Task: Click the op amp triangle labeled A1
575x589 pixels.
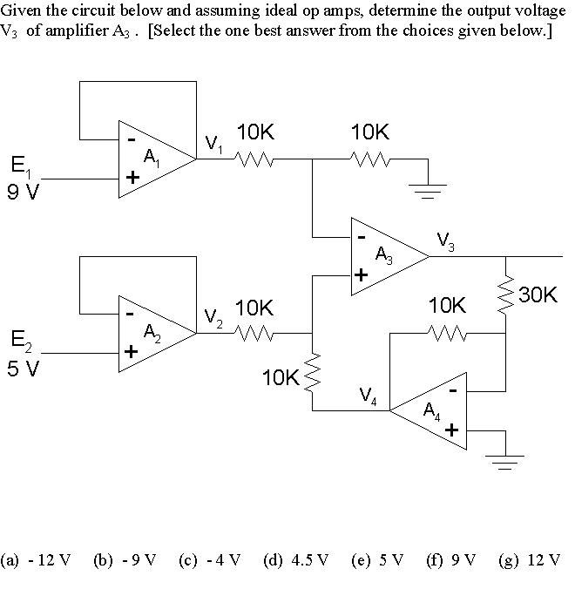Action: pyautogui.click(x=152, y=159)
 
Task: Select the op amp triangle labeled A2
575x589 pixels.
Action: pyautogui.click(x=152, y=334)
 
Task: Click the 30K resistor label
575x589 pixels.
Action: pyautogui.click(x=537, y=294)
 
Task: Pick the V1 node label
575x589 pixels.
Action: pyautogui.click(x=214, y=144)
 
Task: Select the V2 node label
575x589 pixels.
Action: pyautogui.click(x=214, y=317)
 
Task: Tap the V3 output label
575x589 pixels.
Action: pyautogui.click(x=445, y=240)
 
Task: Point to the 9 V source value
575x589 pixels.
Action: pyautogui.click(x=23, y=192)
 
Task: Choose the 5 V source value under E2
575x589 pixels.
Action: pyautogui.click(x=23, y=368)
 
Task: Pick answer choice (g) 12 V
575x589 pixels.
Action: pyautogui.click(x=530, y=559)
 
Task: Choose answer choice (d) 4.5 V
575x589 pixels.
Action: pyautogui.click(x=296, y=559)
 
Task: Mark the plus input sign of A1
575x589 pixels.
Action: pyautogui.click(x=132, y=178)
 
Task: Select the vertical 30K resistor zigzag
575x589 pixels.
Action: pyautogui.click(x=505, y=296)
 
